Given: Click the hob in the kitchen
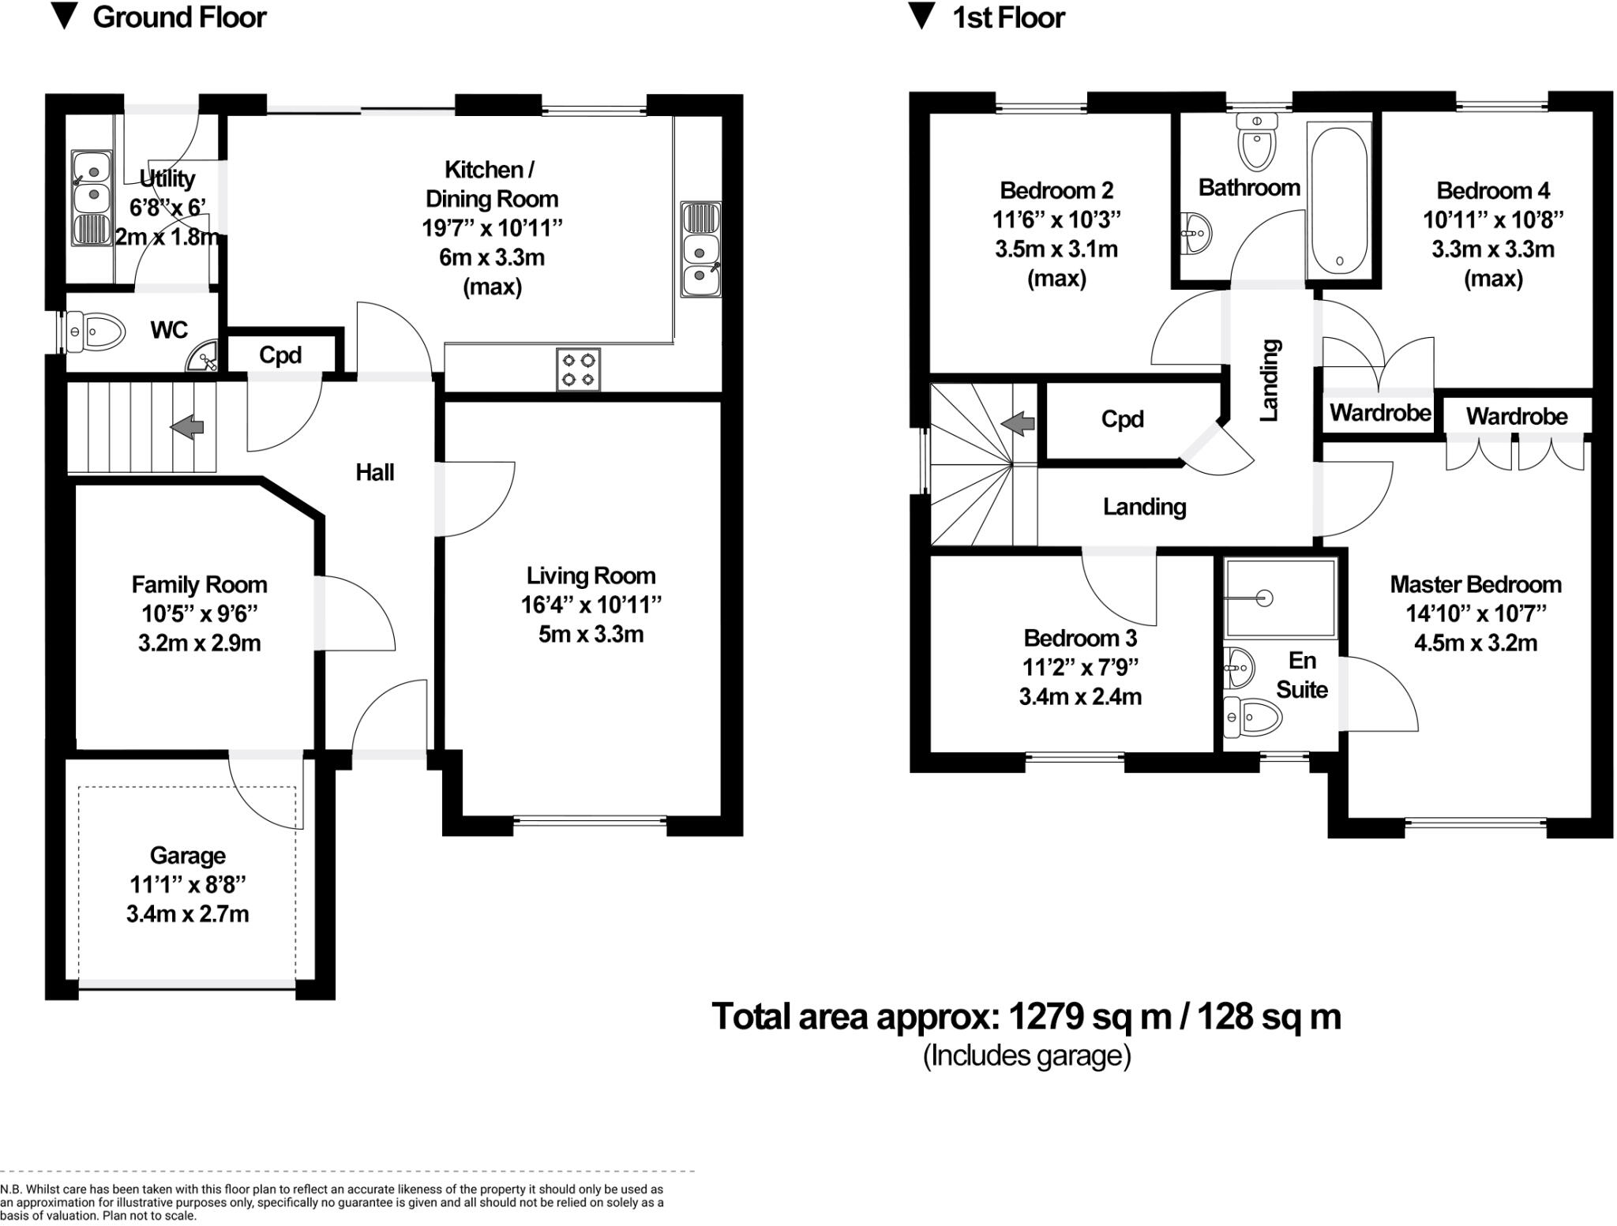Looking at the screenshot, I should (x=578, y=369).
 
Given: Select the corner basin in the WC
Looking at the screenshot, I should (x=204, y=359).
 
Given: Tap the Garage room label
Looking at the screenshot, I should (x=187, y=855).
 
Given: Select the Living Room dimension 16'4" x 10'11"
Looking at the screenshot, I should (x=591, y=605).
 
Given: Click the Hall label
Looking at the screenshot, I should (x=374, y=472).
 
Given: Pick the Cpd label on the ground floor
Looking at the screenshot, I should (x=280, y=355).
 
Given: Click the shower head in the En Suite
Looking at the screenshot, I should (x=1265, y=598).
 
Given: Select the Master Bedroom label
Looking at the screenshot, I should (x=1475, y=584).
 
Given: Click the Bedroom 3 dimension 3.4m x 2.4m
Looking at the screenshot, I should (x=1079, y=696).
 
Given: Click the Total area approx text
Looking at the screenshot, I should (x=1026, y=1017).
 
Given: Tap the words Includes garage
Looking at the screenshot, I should (x=1026, y=1055).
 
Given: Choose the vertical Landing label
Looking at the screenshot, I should (x=1269, y=380).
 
